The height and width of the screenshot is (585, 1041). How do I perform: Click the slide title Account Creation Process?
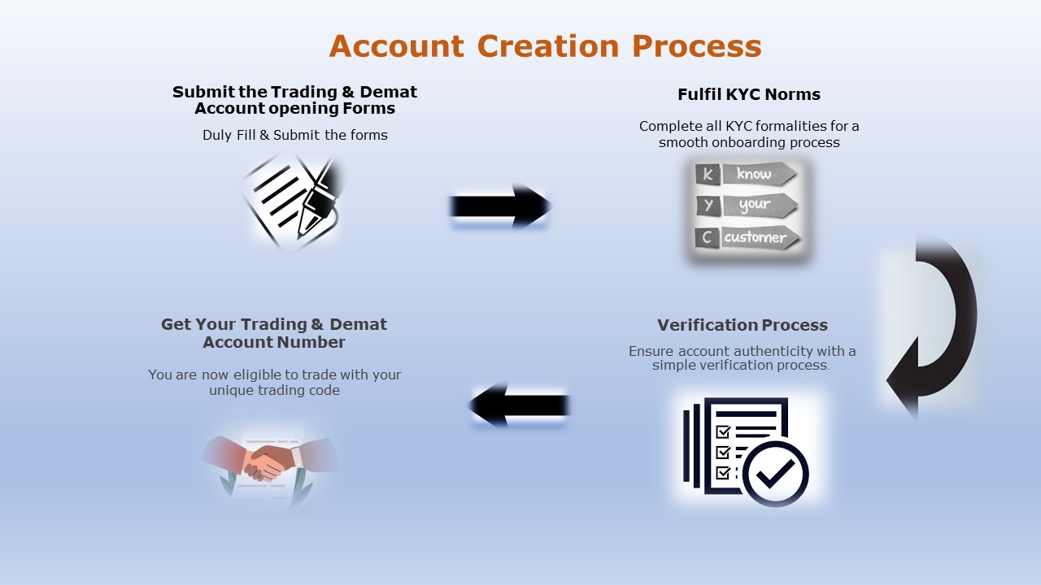pos(545,46)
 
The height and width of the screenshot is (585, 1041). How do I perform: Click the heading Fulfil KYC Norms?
pos(749,94)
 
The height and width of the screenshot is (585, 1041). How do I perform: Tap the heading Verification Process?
pos(743,325)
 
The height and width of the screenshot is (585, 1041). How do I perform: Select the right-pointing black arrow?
pos(500,206)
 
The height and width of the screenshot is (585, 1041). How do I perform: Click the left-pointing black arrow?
pos(519,405)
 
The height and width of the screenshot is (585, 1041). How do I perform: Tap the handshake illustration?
pos(269,464)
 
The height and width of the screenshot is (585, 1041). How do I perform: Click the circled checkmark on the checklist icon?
pos(775,474)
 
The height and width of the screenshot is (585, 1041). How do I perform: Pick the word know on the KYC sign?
pos(753,174)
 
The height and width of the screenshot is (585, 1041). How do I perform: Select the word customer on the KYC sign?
pos(756,237)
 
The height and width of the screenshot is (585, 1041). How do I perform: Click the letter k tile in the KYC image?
pos(708,174)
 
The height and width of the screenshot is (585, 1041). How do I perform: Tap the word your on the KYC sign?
pos(755,205)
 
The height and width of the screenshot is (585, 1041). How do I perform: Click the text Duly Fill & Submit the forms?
pos(295,135)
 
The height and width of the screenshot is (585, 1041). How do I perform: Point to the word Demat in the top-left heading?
pos(389,92)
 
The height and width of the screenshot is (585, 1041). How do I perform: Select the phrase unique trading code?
pos(274,390)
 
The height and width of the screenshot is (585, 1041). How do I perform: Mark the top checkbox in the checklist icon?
pos(723,431)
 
